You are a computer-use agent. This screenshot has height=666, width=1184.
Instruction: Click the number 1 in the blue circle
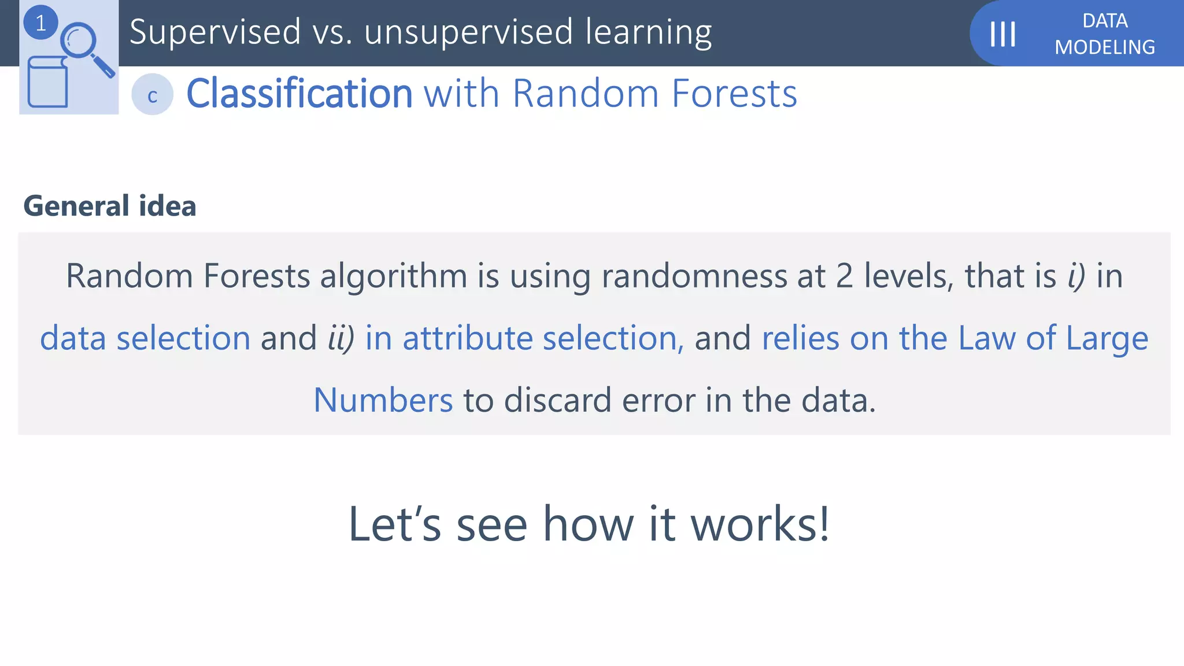pyautogui.click(x=40, y=23)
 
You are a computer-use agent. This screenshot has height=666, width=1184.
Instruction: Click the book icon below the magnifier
pyautogui.click(x=47, y=83)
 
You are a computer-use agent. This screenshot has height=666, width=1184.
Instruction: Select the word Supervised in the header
pyautogui.click(x=215, y=32)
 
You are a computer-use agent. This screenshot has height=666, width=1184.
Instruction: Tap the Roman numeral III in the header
pyautogui.click(x=1003, y=34)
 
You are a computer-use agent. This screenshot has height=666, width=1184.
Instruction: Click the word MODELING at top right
pyautogui.click(x=1104, y=47)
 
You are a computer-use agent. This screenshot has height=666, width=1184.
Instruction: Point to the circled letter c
pyautogui.click(x=152, y=95)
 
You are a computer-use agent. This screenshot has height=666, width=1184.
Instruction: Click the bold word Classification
pyautogui.click(x=299, y=94)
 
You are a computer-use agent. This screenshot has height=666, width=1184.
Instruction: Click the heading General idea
pyautogui.click(x=110, y=206)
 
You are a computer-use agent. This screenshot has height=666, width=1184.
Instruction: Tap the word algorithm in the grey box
pyautogui.click(x=393, y=276)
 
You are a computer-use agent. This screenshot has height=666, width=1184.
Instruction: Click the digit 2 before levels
pyautogui.click(x=844, y=276)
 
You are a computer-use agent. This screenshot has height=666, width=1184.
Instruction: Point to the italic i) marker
pyautogui.click(x=1076, y=276)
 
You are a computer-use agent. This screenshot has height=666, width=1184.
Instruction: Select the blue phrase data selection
pyautogui.click(x=145, y=339)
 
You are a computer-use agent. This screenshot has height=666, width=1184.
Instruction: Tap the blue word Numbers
pyautogui.click(x=383, y=401)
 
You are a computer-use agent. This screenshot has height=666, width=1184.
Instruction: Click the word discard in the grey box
pyautogui.click(x=557, y=401)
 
